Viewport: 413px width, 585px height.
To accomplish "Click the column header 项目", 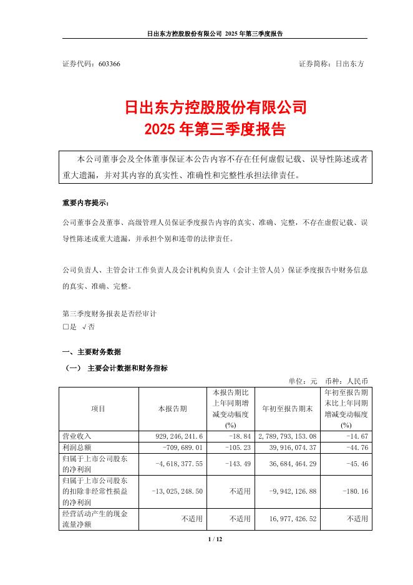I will [99, 408].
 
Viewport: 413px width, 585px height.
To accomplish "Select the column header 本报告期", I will [172, 408].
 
